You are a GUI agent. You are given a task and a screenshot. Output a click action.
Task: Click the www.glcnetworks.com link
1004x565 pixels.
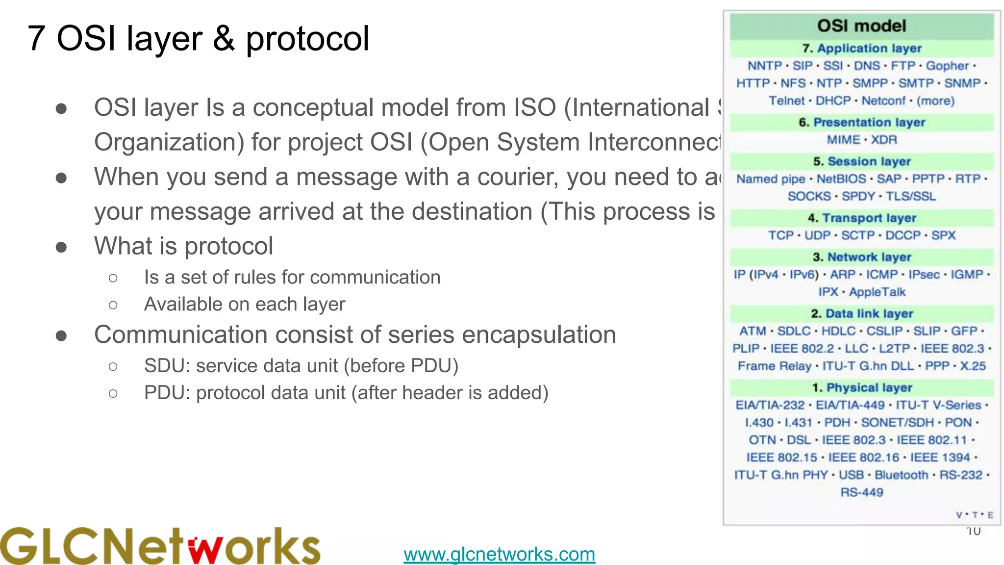(499, 554)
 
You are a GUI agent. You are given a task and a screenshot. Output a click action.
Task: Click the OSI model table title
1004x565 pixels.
(861, 26)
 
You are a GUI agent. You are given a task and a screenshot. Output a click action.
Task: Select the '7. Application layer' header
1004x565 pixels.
(861, 49)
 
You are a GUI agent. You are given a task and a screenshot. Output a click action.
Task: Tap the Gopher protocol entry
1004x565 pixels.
(947, 66)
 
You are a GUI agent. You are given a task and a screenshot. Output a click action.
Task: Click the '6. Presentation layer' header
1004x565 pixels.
(861, 122)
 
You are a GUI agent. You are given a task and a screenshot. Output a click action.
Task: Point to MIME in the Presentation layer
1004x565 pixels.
(843, 140)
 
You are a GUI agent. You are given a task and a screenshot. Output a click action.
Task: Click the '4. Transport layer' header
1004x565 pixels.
(861, 218)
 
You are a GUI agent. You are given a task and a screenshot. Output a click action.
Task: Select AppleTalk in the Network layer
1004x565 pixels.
(877, 292)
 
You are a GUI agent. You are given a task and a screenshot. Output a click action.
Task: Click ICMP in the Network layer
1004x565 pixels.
(881, 275)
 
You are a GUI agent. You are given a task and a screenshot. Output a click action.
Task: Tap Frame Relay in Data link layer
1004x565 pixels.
(775, 366)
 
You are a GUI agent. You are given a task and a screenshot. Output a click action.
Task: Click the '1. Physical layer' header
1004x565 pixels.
(861, 387)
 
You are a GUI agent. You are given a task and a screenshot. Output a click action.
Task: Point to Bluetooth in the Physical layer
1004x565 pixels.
(901, 475)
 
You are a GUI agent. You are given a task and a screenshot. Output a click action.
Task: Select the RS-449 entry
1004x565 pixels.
(861, 492)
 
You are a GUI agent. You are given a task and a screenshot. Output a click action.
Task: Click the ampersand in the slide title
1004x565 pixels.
(224, 38)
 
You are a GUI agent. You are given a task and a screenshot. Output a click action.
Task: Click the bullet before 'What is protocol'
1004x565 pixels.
(61, 247)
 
